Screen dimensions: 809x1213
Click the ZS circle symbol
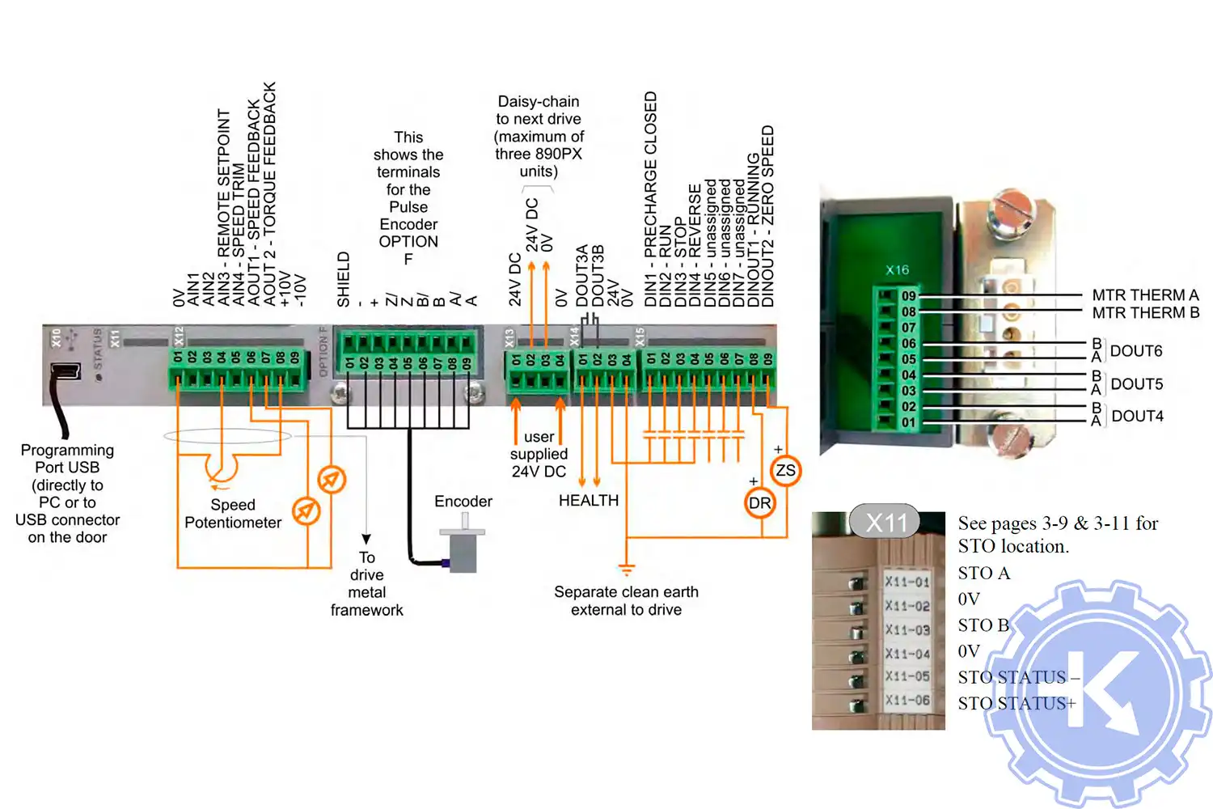[x=785, y=470]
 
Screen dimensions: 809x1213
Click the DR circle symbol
[x=759, y=503]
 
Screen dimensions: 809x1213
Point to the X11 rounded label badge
[x=885, y=523]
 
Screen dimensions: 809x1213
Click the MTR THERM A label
[x=1144, y=295]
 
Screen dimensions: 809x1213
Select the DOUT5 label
[x=1136, y=383]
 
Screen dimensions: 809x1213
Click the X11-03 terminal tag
[x=907, y=629]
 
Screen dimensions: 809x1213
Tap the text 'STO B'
[x=983, y=625]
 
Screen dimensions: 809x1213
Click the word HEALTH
[x=589, y=501]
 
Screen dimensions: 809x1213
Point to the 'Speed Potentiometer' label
[x=233, y=514]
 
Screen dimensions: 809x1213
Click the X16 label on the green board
[x=897, y=270]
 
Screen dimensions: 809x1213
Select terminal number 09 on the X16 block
[x=909, y=296]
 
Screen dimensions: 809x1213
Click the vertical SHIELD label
[x=344, y=279]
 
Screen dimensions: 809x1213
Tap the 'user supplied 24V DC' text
[x=539, y=454]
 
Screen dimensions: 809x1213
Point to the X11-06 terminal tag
[x=907, y=701]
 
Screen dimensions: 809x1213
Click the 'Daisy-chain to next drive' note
[x=539, y=136]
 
